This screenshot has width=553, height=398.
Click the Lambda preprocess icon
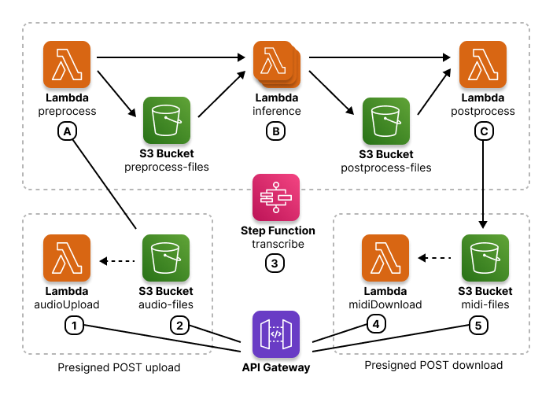67,65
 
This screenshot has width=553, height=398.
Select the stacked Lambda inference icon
275,65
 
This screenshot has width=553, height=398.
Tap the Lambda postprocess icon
483,65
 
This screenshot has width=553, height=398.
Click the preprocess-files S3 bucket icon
167,120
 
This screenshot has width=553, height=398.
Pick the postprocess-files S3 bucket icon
385,120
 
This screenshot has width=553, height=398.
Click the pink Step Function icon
276,197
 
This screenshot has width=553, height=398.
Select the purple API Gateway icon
276,334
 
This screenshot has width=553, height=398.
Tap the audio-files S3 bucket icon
166,258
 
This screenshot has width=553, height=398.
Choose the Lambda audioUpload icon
67,258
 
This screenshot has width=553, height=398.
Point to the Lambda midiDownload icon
385,258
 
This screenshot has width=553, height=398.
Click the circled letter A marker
67,133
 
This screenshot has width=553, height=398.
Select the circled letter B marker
275,133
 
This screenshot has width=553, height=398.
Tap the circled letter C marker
483,133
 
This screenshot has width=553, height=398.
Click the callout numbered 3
275,263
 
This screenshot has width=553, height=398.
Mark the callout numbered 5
477,324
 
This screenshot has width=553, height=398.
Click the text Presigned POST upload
120,367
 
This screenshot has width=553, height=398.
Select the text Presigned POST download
433,366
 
